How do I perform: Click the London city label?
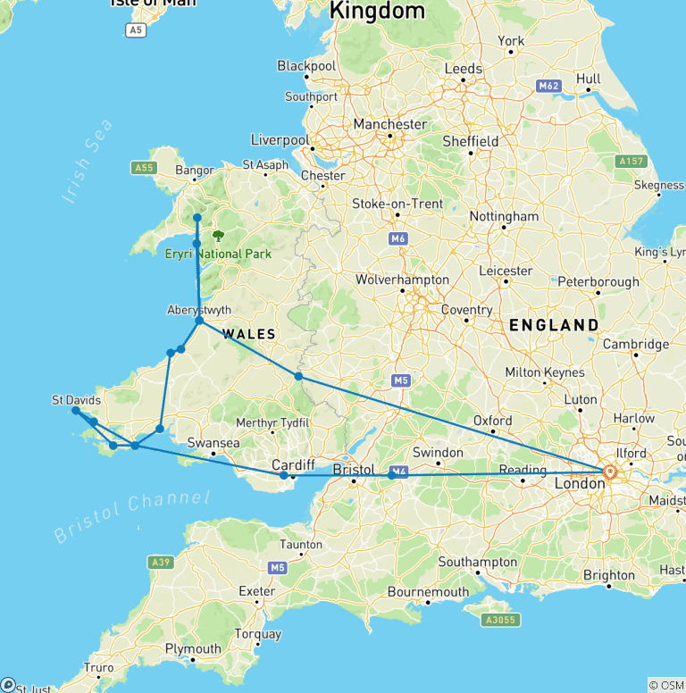[580, 483]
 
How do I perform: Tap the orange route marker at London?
[610, 472]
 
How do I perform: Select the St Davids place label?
[76, 400]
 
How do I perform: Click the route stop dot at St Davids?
[77, 411]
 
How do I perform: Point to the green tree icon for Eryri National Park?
[218, 237]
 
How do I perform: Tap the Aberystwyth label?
[199, 310]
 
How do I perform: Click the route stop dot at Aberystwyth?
[200, 321]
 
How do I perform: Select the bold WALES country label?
[249, 334]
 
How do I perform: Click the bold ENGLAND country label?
[554, 326]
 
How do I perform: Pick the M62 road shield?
[548, 86]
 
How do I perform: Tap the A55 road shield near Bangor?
[143, 167]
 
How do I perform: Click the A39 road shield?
[161, 562]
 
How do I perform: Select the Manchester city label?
[389, 124]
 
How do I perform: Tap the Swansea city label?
[213, 443]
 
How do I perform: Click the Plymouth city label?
[193, 649]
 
